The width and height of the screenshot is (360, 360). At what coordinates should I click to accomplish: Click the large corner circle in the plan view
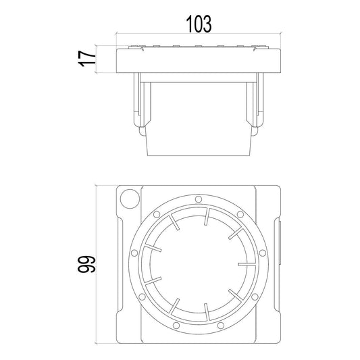click(128, 198)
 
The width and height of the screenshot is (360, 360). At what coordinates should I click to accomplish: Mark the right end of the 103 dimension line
click(280, 34)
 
